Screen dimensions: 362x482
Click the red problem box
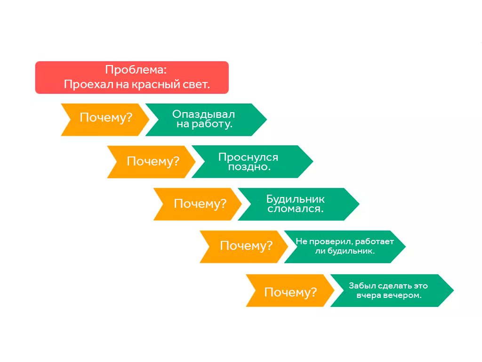pyautogui.click(x=132, y=77)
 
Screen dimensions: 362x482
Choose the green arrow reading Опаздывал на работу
pyautogui.click(x=205, y=120)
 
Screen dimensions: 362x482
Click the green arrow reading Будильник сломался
pyautogui.click(x=297, y=204)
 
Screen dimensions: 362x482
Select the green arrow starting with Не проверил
pyautogui.click(x=344, y=247)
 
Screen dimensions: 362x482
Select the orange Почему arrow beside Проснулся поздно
pyautogui.click(x=151, y=162)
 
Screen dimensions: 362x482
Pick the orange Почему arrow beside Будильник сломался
pyautogui.click(x=197, y=204)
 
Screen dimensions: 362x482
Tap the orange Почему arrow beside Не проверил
pyautogui.click(x=243, y=247)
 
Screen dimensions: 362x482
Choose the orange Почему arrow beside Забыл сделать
pyautogui.click(x=289, y=290)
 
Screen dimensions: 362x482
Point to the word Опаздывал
pyautogui.click(x=203, y=115)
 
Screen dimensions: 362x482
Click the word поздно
pyautogui.click(x=249, y=167)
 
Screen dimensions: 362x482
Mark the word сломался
pyautogui.click(x=296, y=209)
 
